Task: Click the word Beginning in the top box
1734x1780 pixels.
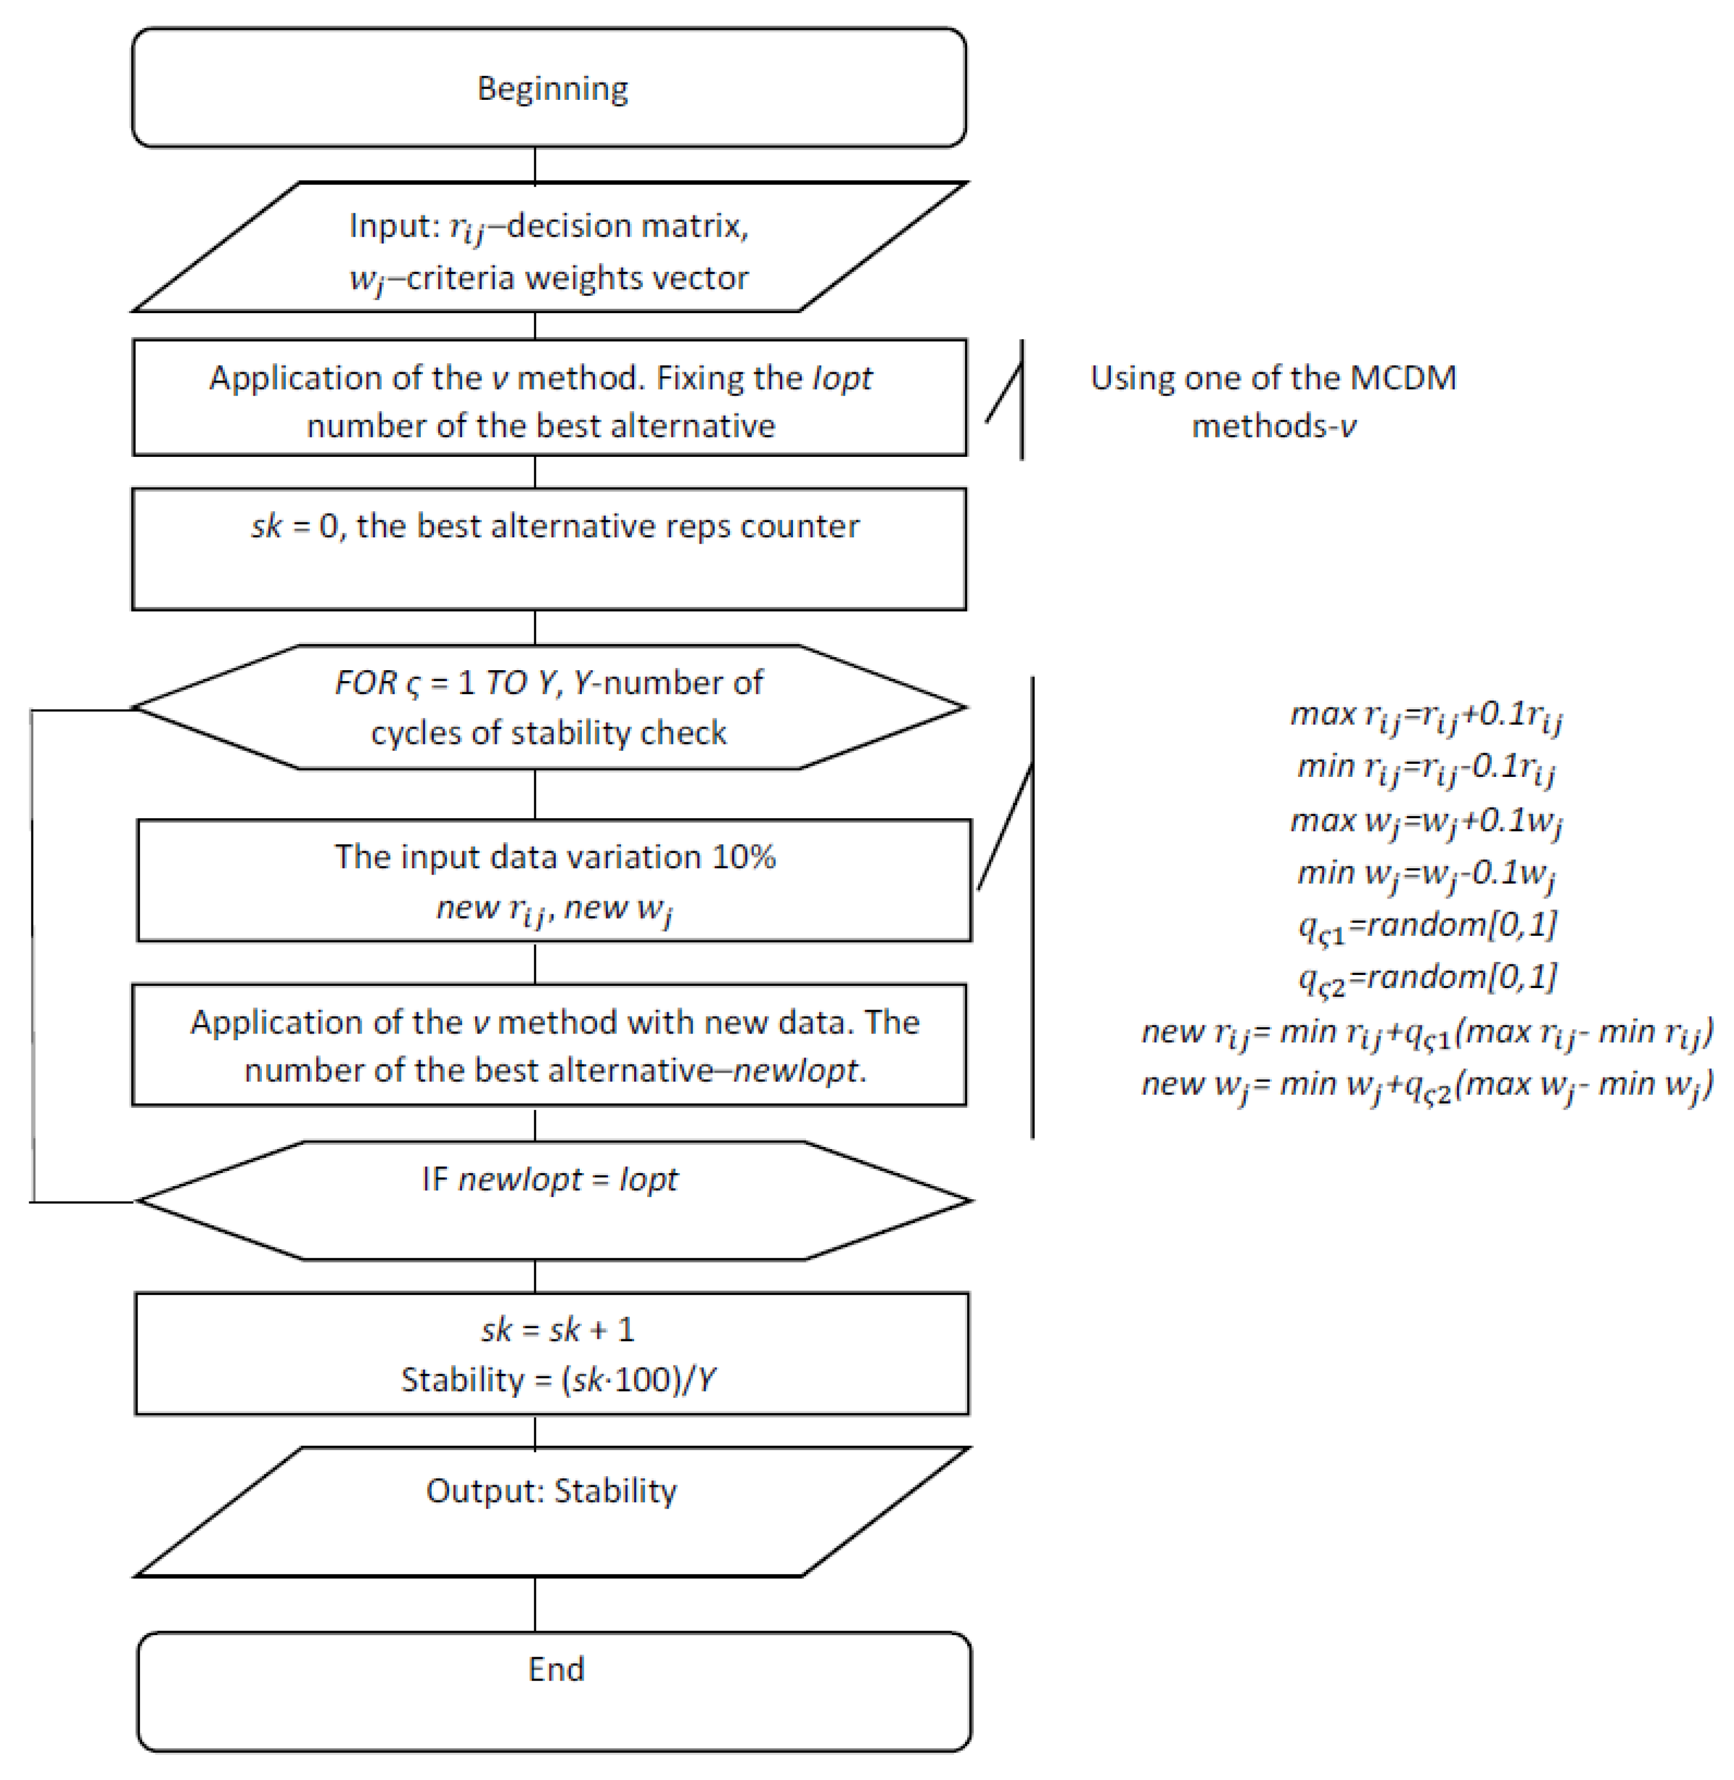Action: click(x=552, y=88)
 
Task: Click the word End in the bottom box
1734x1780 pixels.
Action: click(x=556, y=1669)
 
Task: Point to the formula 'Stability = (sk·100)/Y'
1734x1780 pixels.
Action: click(x=557, y=1380)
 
